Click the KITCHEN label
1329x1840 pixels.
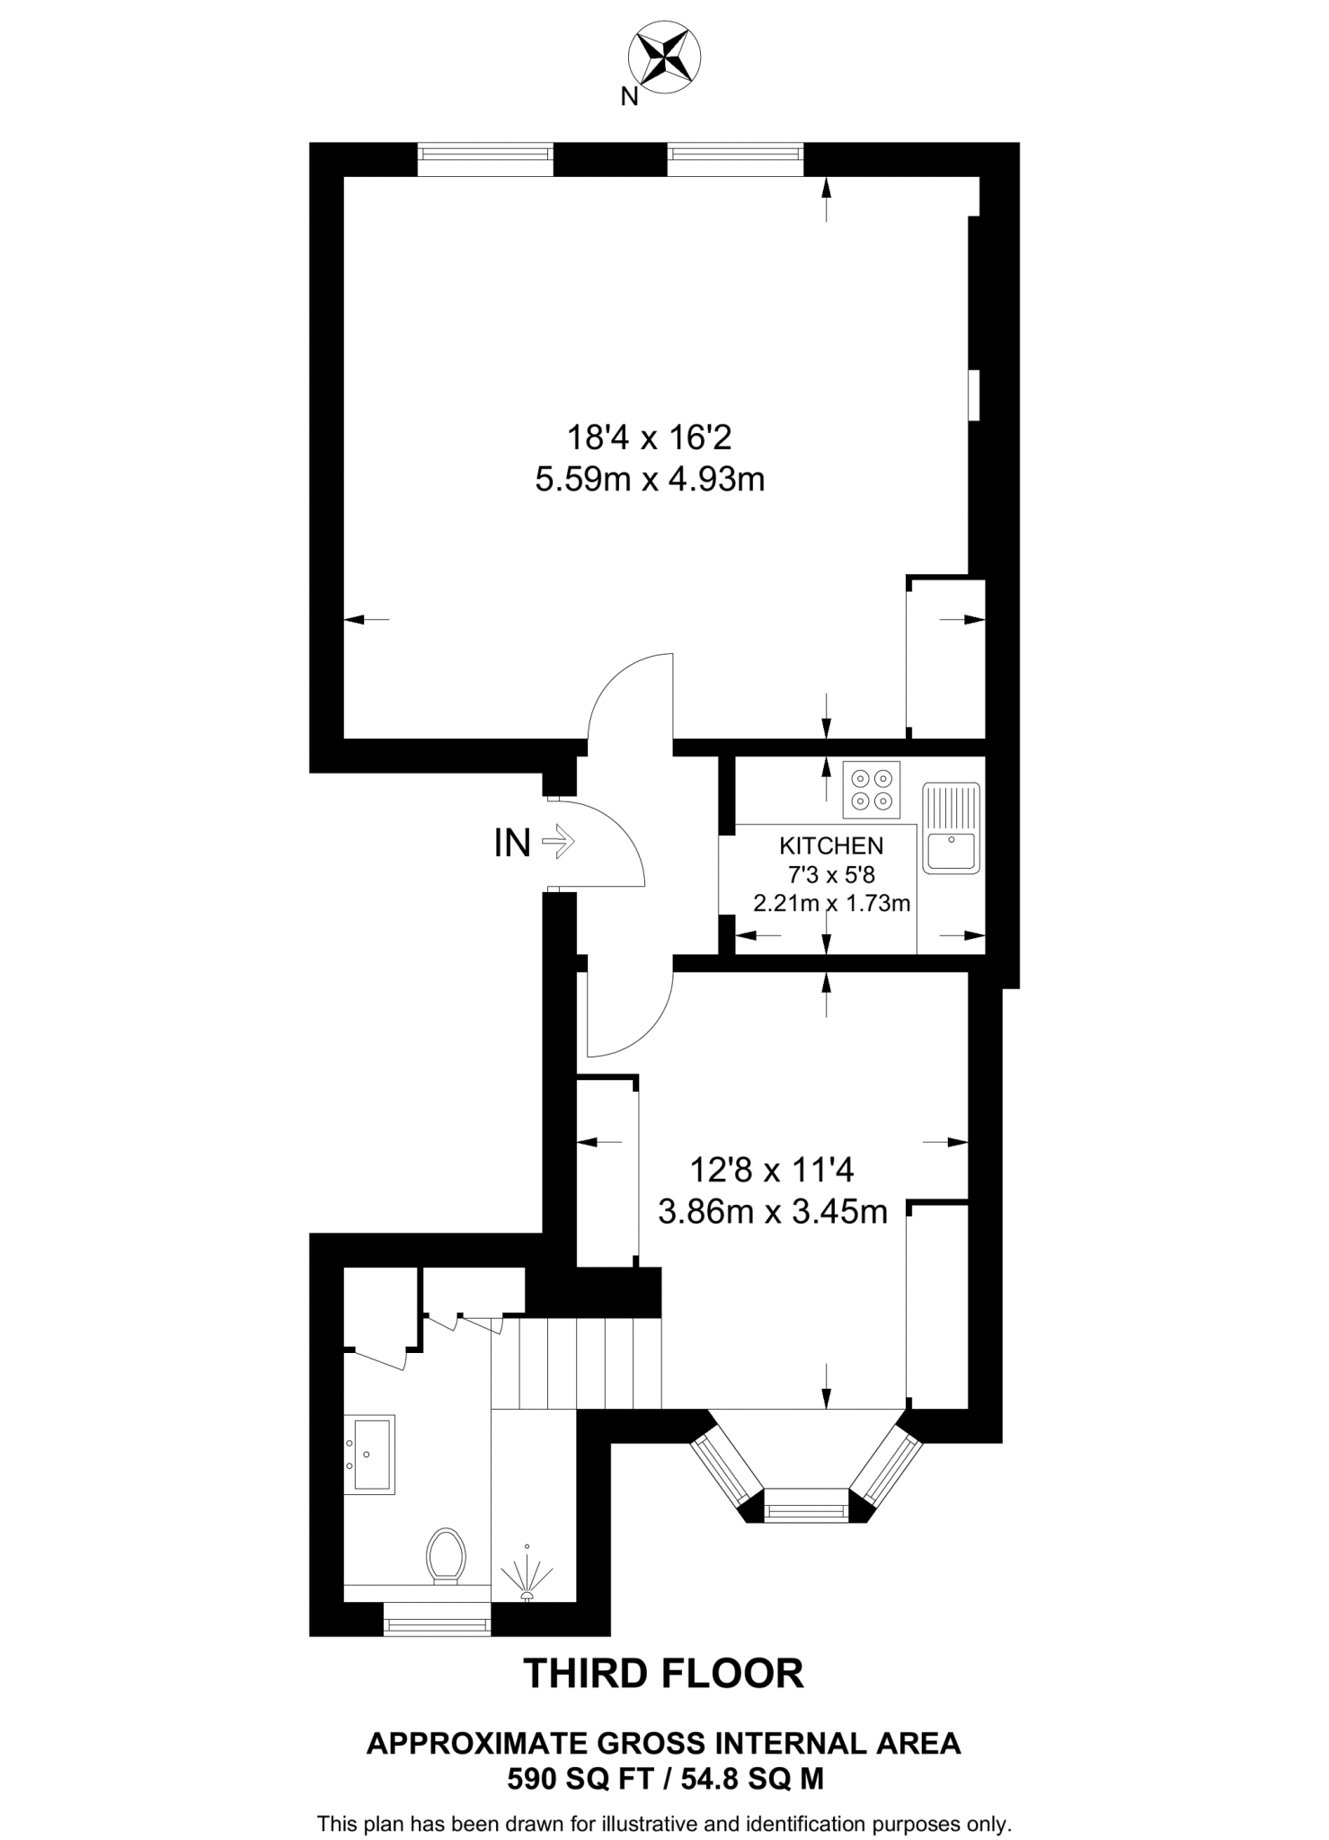click(x=831, y=845)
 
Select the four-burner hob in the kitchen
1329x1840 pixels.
click(x=872, y=790)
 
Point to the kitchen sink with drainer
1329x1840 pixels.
click(x=951, y=827)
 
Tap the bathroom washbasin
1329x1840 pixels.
click(x=370, y=1455)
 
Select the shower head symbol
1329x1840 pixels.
click(x=527, y=1574)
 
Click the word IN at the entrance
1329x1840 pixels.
click(x=512, y=844)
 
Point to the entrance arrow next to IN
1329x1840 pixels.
click(x=559, y=843)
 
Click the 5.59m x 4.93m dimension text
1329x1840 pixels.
click(x=650, y=480)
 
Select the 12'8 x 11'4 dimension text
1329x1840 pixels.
click(x=771, y=1170)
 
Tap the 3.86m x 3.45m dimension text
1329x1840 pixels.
click(x=773, y=1212)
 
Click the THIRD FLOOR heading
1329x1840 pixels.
click(x=663, y=1674)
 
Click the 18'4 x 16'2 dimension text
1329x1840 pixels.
click(x=650, y=438)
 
